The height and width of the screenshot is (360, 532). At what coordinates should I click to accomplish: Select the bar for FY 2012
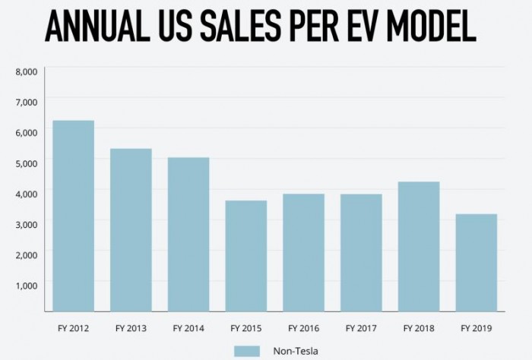[73, 216]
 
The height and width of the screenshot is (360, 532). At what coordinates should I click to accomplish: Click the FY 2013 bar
[131, 229]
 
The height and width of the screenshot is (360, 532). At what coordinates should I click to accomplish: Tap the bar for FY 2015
[245, 256]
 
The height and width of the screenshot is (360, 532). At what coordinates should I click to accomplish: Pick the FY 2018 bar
[419, 246]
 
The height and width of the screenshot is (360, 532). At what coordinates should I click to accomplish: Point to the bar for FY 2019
[477, 263]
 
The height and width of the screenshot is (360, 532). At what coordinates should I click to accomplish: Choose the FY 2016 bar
[303, 252]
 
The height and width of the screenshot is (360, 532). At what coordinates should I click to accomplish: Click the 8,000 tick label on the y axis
[26, 71]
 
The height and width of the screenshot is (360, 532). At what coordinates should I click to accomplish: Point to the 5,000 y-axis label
[26, 163]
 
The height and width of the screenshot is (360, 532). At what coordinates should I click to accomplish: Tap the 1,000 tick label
[26, 283]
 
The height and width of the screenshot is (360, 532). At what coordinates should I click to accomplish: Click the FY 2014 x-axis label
[188, 328]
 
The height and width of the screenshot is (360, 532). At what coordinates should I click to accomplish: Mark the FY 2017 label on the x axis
[361, 328]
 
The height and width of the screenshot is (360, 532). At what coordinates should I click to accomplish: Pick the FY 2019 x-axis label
[477, 328]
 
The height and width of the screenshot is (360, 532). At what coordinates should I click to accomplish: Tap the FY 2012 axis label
[73, 328]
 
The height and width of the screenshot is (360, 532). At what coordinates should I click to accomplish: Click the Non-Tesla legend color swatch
[247, 350]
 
